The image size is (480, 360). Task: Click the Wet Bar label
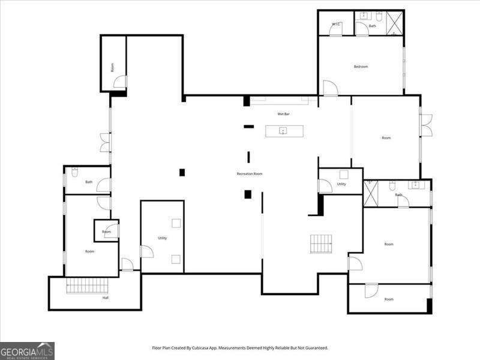point(283,114)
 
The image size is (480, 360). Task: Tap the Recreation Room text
point(250,174)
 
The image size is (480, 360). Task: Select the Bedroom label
point(361,67)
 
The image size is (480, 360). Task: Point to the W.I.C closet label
point(336,24)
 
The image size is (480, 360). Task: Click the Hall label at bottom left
point(106,298)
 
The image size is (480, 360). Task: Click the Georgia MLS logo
point(27,350)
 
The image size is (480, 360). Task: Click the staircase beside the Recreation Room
point(321,244)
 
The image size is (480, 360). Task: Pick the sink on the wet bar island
point(283,130)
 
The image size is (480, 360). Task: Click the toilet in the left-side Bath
point(74,172)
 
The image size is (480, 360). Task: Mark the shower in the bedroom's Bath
point(394,24)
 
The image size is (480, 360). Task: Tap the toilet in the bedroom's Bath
point(379,16)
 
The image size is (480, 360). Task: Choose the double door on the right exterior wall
point(425,125)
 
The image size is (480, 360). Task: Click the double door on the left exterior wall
point(106,142)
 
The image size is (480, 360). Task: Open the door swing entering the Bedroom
point(330,88)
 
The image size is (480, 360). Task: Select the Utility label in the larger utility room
point(163,238)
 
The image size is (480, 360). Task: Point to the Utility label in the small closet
point(341,184)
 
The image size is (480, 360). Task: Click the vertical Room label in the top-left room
point(112,68)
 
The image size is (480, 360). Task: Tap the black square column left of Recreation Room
point(182,173)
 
